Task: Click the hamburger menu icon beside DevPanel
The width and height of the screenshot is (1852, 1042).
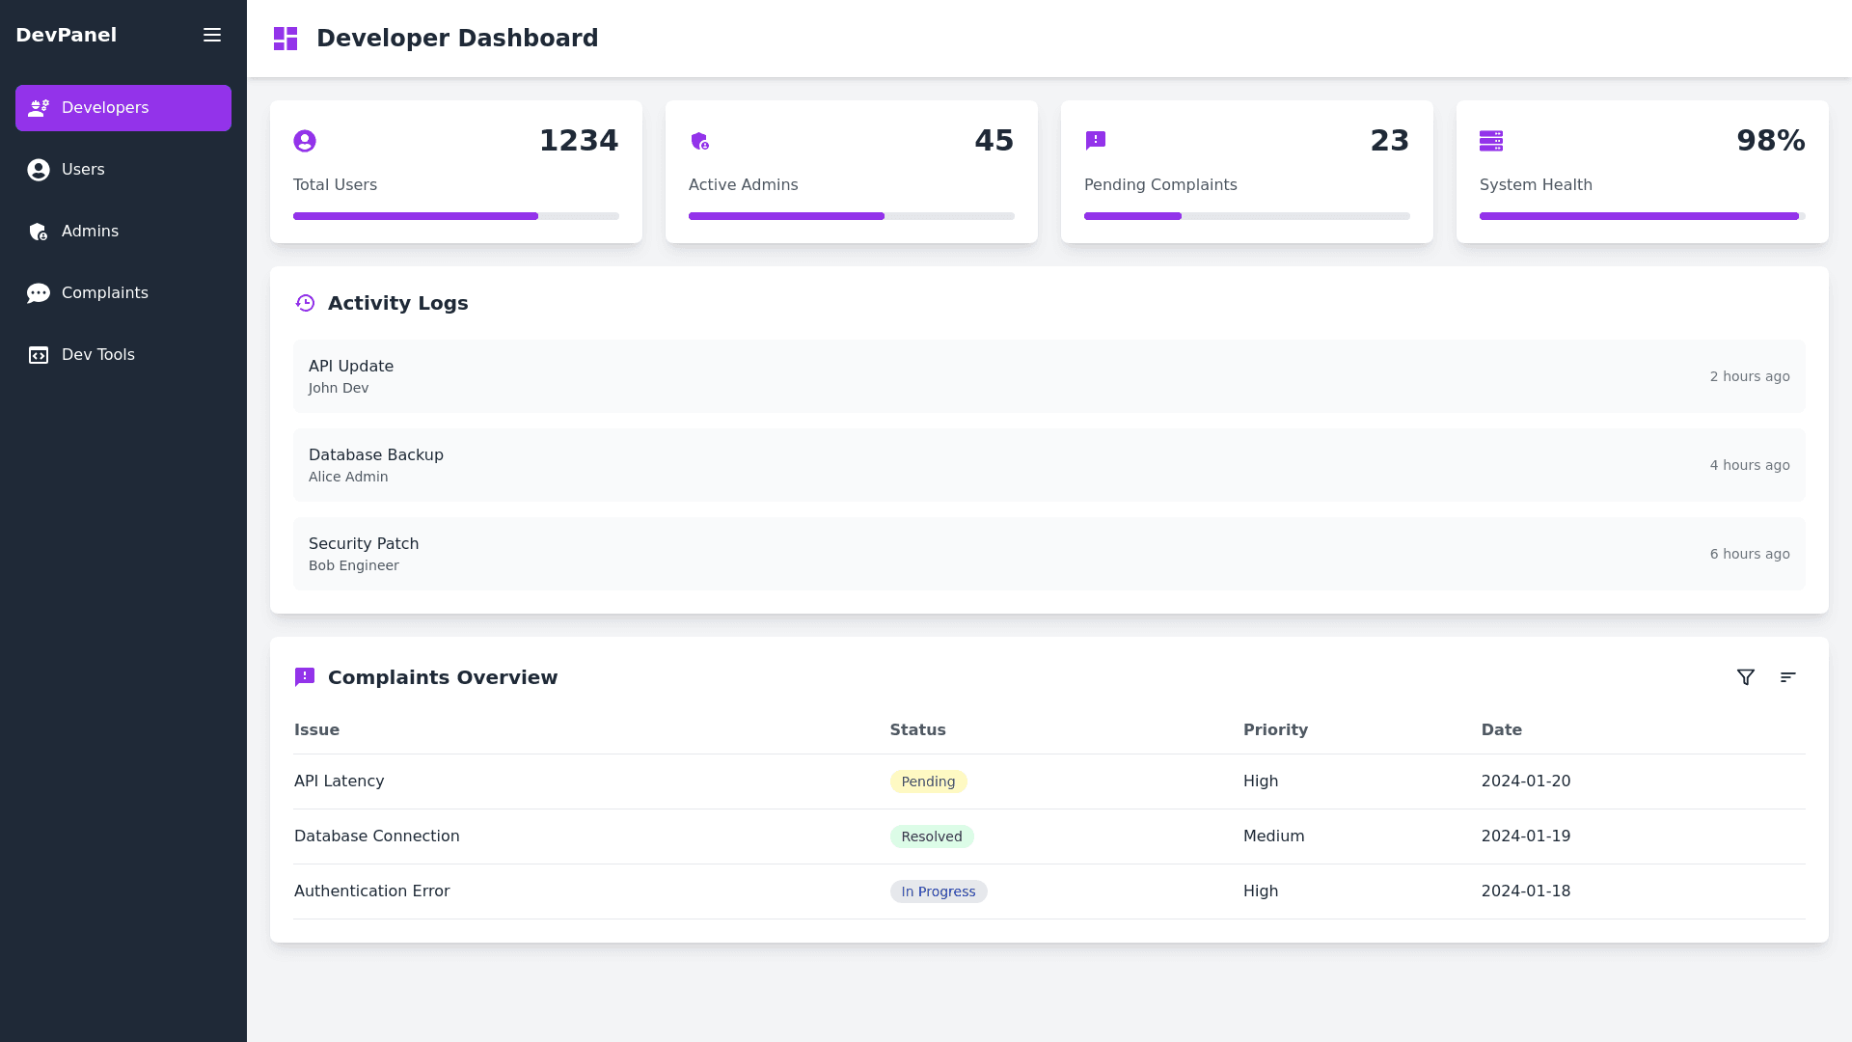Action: click(212, 35)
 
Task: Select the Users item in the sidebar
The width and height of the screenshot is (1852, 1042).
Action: click(83, 170)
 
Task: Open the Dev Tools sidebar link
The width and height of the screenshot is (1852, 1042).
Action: click(97, 355)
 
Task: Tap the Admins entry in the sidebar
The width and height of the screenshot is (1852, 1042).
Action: click(90, 232)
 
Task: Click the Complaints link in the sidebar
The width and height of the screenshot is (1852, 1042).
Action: click(104, 293)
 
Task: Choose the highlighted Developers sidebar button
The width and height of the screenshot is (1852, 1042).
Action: click(123, 108)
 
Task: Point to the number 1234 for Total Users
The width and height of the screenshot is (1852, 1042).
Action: click(578, 141)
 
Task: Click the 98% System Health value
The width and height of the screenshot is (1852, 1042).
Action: click(1770, 141)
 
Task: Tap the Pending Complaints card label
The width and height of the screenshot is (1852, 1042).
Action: click(1160, 185)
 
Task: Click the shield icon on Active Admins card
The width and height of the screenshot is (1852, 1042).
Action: click(700, 141)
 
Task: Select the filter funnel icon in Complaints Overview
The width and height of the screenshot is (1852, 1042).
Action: click(1746, 677)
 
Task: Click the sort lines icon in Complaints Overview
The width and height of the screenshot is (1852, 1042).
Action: click(1788, 677)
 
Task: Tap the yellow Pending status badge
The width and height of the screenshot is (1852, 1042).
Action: click(928, 781)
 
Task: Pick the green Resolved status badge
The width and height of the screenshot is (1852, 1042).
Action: click(932, 836)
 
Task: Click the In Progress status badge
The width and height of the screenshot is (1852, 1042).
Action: click(939, 891)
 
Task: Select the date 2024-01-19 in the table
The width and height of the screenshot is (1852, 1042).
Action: click(1526, 836)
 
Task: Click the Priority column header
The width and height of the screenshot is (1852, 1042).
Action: click(1275, 730)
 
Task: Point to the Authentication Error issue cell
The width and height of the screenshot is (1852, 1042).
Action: click(372, 891)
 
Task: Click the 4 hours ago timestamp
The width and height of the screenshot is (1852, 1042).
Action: click(1750, 465)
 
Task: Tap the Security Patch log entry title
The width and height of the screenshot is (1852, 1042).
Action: click(364, 544)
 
